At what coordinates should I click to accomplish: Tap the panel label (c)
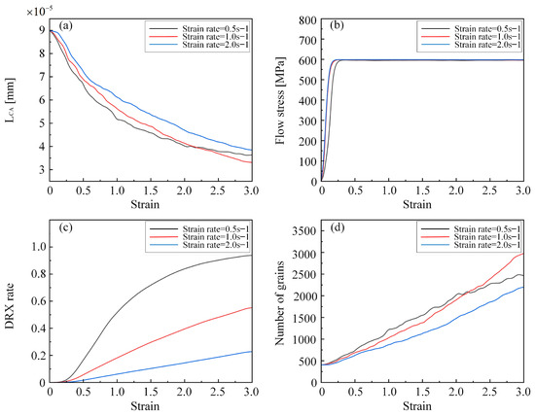64,229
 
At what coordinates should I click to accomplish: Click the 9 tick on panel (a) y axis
42,31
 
